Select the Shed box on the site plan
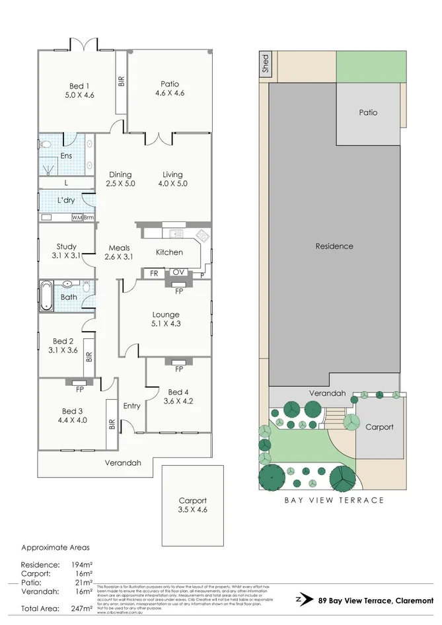(265, 64)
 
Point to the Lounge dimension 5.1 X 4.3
(165, 325)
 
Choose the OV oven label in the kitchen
(178, 272)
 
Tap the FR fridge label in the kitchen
(154, 272)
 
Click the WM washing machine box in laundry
(77, 217)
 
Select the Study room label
(66, 247)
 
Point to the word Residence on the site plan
(334, 246)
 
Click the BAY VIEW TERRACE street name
(334, 500)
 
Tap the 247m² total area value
(82, 608)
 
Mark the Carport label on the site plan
(379, 427)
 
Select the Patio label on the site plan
(368, 112)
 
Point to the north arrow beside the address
(303, 601)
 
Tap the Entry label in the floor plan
(131, 406)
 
